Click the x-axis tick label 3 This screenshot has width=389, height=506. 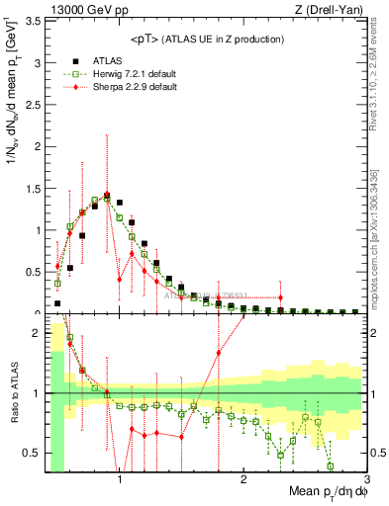coord(366,480)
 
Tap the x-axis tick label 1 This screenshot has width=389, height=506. coord(120,480)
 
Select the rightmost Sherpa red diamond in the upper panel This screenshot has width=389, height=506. coord(281,297)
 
